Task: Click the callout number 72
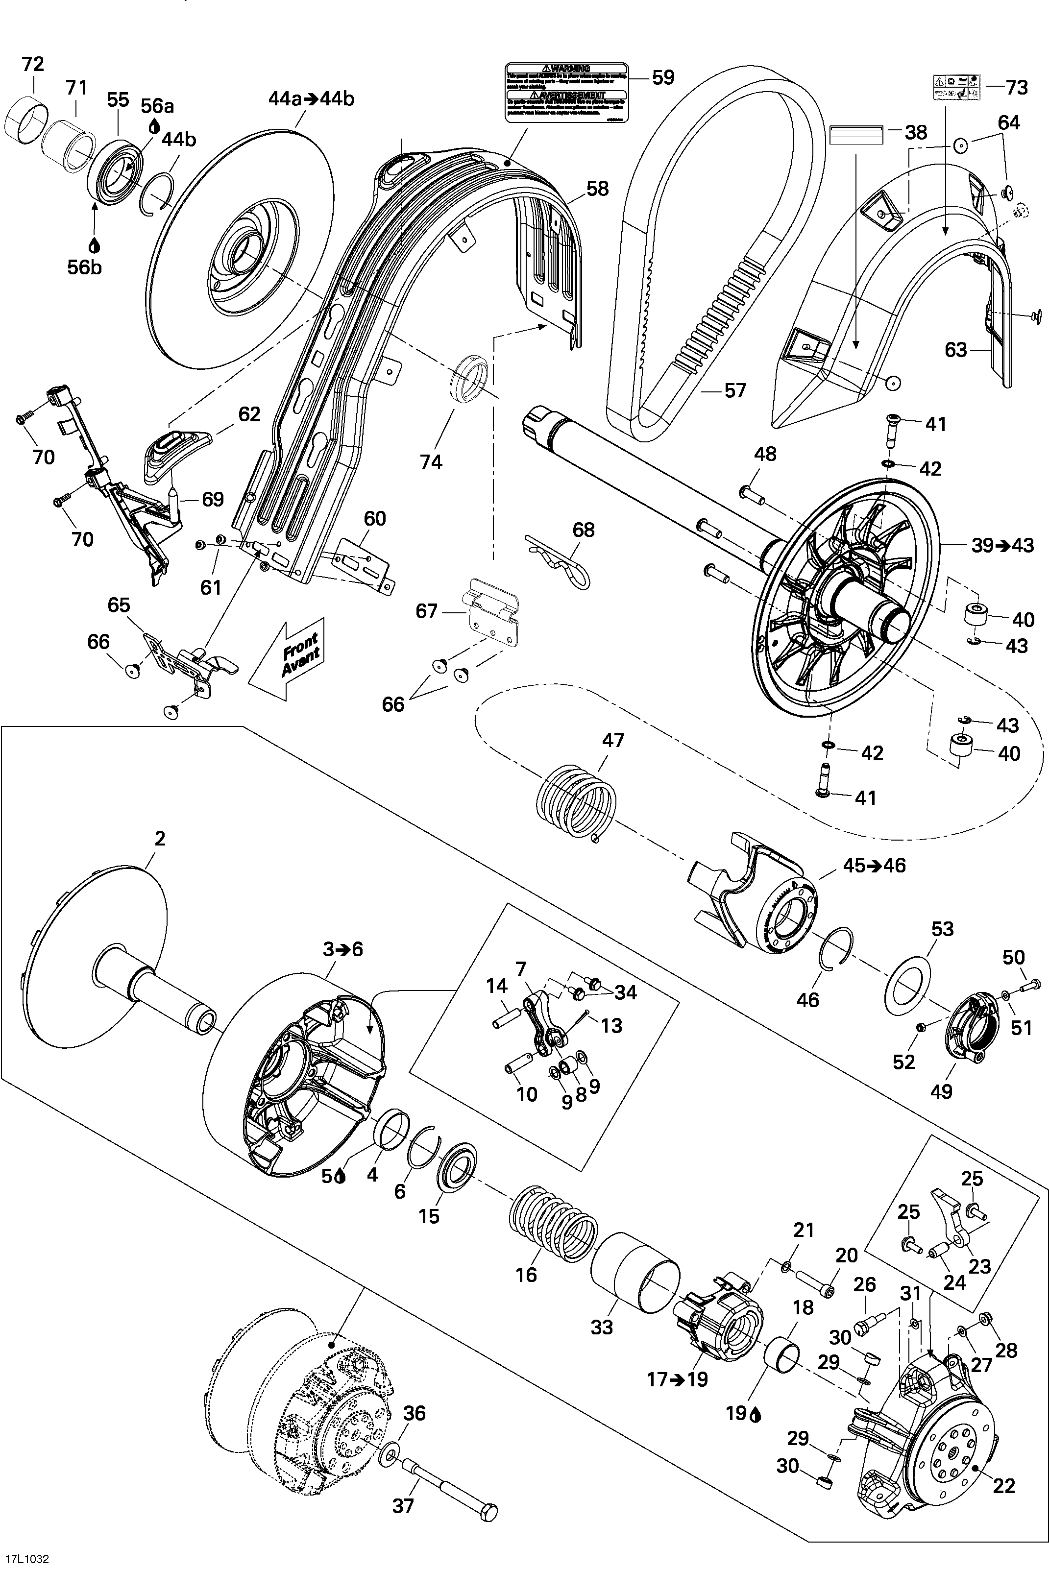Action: [32, 64]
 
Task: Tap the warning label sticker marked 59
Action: [566, 93]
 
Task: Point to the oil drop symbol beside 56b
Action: [94, 246]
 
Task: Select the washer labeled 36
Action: [389, 1455]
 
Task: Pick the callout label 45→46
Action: [874, 865]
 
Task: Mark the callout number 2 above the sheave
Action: [159, 838]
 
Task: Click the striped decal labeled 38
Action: [856, 134]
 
